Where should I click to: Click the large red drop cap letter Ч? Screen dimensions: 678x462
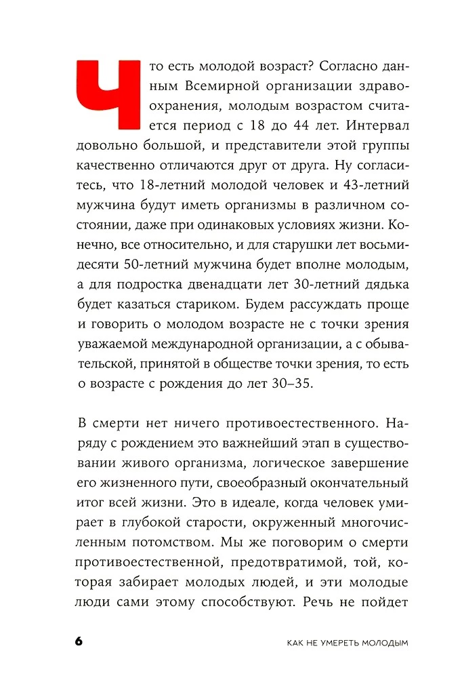tap(107, 96)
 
